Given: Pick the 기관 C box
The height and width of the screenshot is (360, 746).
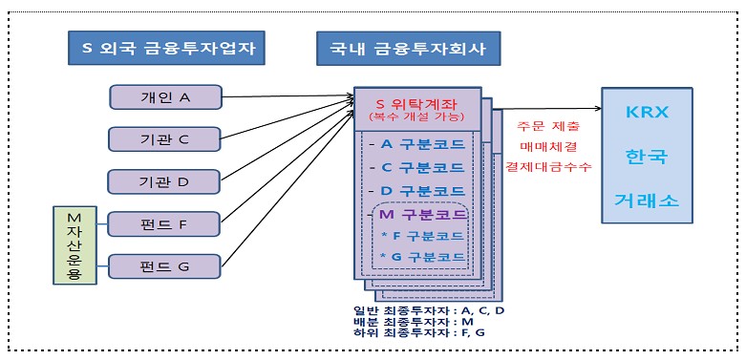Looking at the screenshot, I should (x=164, y=139).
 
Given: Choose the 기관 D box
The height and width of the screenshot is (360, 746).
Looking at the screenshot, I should (x=164, y=181).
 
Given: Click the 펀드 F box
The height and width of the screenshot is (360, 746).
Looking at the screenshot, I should (x=164, y=224).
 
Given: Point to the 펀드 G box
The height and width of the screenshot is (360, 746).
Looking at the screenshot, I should (x=164, y=265).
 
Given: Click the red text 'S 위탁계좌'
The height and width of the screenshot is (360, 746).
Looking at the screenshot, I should (x=416, y=103).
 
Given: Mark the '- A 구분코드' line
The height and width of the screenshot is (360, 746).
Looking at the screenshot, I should (x=418, y=145).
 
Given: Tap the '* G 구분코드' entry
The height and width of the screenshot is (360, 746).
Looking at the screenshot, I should (x=422, y=258).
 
